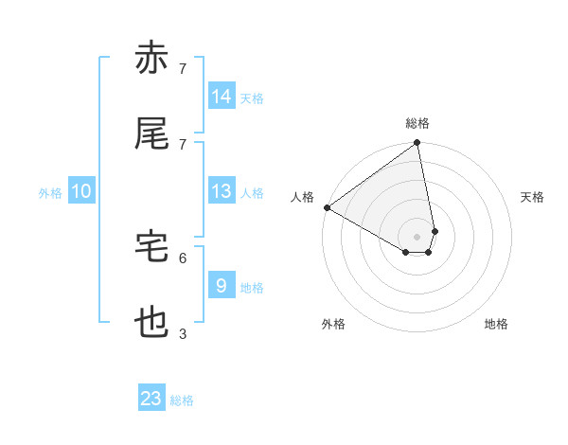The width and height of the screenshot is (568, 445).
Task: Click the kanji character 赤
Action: tap(151, 59)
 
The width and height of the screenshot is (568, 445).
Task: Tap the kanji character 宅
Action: tap(151, 247)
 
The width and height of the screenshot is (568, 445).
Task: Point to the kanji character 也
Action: tap(151, 323)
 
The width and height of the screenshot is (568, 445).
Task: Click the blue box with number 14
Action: tap(222, 97)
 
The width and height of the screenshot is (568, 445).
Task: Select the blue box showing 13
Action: tap(222, 191)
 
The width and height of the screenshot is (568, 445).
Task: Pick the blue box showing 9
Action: tap(222, 285)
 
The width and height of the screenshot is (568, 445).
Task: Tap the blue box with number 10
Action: tap(81, 191)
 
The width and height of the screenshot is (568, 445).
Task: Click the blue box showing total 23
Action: tap(151, 399)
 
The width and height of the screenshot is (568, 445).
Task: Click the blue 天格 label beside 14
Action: tap(252, 98)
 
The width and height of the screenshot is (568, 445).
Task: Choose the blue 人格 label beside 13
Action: tap(252, 193)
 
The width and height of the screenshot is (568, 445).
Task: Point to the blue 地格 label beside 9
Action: tap(252, 288)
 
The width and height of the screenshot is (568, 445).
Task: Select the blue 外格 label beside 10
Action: tap(50, 193)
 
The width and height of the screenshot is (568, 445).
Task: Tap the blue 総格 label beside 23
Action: tap(182, 400)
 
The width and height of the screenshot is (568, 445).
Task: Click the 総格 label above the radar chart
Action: tap(417, 123)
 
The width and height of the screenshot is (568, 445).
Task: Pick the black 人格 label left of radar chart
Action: tap(303, 197)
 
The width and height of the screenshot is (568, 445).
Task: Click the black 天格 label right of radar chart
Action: tap(533, 197)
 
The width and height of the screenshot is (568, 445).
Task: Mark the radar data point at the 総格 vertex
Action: tap(417, 144)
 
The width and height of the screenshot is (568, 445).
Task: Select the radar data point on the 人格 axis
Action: tap(327, 207)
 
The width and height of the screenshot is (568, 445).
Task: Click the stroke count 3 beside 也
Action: tap(183, 333)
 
